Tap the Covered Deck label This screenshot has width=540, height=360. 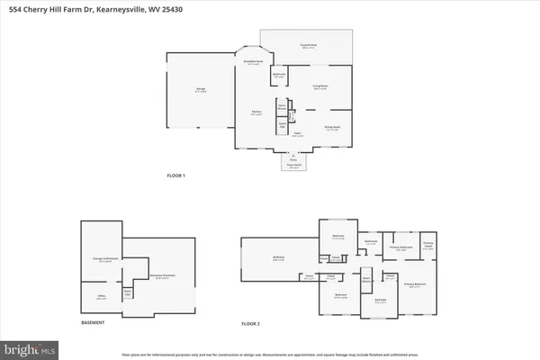coord(307,46)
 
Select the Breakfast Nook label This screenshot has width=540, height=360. coord(255,62)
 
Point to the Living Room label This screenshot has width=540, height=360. coord(319,88)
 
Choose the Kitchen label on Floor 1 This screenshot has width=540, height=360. coord(256,112)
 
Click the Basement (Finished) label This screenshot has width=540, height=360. coord(138,277)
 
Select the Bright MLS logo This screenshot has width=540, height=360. coord(27,346)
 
